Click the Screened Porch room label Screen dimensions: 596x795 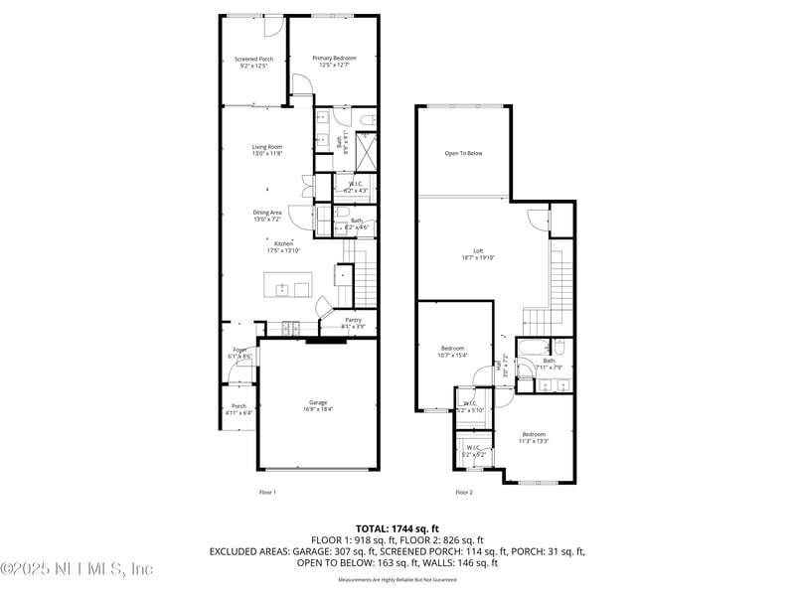click(253, 60)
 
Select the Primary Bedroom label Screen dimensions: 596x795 click(333, 59)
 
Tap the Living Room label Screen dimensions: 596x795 click(266, 147)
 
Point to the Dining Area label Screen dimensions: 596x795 click(266, 212)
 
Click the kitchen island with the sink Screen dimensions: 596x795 click(287, 286)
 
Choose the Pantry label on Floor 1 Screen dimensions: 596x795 click(353, 320)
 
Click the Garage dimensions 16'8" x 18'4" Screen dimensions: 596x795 click(316, 408)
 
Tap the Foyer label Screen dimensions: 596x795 click(239, 350)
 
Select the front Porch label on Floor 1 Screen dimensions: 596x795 click(238, 405)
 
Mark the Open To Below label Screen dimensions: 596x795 click(463, 153)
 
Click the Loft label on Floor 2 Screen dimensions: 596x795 click(477, 250)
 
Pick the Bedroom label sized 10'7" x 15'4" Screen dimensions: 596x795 click(452, 348)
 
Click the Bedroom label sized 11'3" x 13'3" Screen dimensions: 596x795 click(534, 434)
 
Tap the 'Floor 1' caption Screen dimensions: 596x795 click(267, 492)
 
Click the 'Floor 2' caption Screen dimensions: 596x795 click(464, 492)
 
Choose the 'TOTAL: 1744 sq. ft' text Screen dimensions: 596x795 click(397, 528)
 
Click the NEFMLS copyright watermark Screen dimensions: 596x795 click(78, 569)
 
